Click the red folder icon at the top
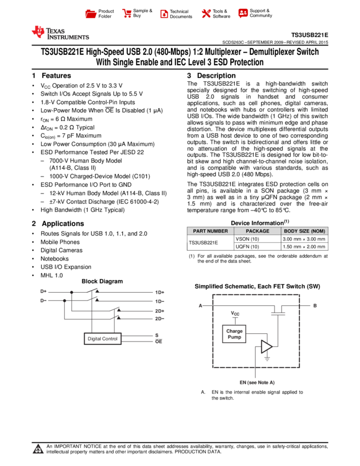pos(91,14)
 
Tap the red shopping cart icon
pos(127,13)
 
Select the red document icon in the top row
pos(164,14)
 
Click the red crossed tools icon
pos(206,13)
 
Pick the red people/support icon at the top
pos(243,13)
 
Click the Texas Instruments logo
pos(60,33)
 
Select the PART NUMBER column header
pos(210,231)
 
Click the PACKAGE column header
pos(258,231)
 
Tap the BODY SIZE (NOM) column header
pos(305,231)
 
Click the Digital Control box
pos(102,338)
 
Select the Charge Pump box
pos(234,334)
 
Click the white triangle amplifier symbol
pos(266,346)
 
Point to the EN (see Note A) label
pos(257,383)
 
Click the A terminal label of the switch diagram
pos(201,305)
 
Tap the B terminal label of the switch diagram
pos(315,305)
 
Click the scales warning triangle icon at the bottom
pos(38,450)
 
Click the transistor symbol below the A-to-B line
pos(278,314)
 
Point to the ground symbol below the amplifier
pos(267,359)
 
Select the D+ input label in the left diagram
pos(43,291)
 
